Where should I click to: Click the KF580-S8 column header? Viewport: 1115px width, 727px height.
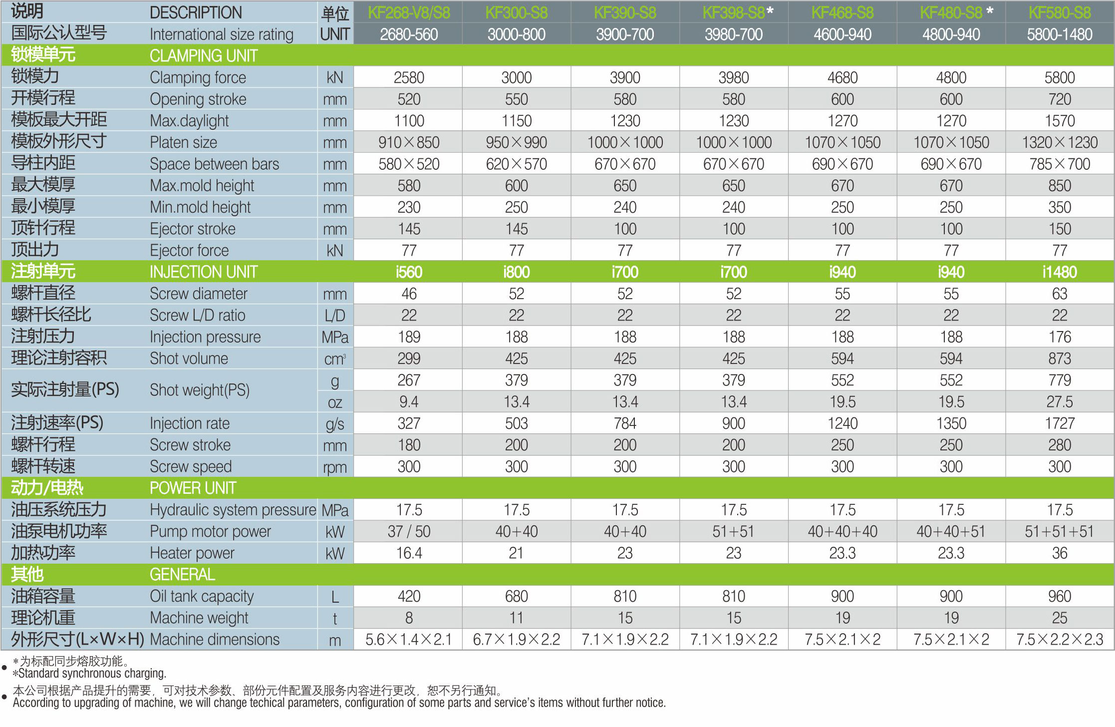click(1059, 13)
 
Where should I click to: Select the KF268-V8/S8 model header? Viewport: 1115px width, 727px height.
click(408, 13)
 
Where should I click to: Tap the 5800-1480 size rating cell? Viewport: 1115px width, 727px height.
click(1059, 34)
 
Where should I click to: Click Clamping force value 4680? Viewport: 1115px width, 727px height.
click(842, 78)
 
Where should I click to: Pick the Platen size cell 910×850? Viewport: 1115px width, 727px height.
click(408, 143)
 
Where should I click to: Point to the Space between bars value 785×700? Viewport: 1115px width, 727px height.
click(1059, 164)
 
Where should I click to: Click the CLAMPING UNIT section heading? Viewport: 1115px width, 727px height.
click(204, 56)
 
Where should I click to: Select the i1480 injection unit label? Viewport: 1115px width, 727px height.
click(1059, 272)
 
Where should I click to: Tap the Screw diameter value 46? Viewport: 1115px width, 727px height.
click(408, 294)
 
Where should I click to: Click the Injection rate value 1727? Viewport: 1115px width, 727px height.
click(1059, 424)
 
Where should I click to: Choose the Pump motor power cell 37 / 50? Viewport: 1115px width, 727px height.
click(408, 532)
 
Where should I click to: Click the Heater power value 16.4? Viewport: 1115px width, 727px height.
click(408, 553)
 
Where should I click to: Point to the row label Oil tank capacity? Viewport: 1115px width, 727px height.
click(202, 597)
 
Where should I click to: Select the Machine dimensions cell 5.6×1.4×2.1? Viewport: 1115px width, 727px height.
click(408, 640)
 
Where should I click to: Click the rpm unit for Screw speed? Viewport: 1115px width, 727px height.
click(335, 467)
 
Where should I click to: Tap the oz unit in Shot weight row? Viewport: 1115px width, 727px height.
click(335, 402)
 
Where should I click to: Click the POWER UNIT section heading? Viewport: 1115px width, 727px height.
click(193, 488)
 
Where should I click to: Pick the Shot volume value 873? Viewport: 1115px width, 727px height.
click(1059, 359)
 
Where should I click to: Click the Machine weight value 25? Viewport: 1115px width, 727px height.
click(1059, 618)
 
